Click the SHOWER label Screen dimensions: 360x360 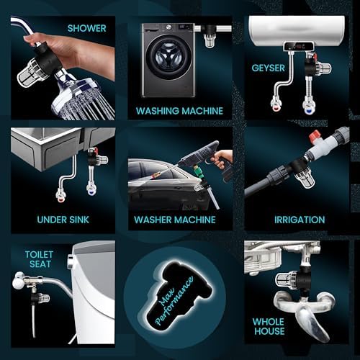(x=86, y=28)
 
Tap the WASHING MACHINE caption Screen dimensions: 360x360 (x=179, y=111)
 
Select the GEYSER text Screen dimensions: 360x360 (x=268, y=68)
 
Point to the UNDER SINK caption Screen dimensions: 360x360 (x=63, y=220)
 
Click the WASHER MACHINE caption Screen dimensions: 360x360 (x=175, y=220)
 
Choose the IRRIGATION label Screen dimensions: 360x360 (x=300, y=220)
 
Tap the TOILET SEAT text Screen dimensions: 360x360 (x=39, y=259)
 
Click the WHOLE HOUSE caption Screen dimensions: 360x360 (x=269, y=326)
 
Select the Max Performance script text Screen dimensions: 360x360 (x=174, y=301)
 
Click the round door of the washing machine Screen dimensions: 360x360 (x=169, y=58)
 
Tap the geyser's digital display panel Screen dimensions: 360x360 (x=299, y=46)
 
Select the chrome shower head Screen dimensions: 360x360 (x=81, y=98)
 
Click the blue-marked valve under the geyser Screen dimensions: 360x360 (x=309, y=106)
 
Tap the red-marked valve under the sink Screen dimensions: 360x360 (x=60, y=195)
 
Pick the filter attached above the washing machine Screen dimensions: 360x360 (x=210, y=35)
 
